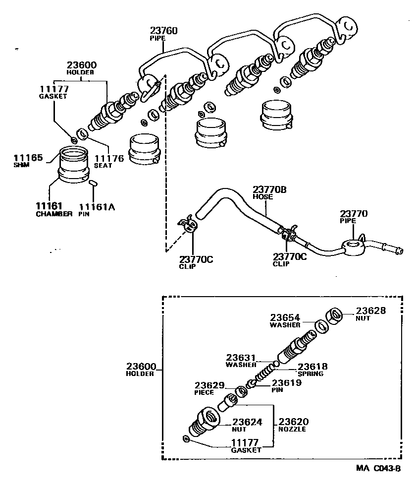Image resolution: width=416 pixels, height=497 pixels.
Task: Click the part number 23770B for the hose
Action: (270, 189)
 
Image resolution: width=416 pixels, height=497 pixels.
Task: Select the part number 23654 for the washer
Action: (285, 317)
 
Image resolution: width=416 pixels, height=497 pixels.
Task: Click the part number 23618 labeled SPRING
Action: (312, 367)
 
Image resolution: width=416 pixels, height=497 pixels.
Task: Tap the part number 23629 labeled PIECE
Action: (209, 385)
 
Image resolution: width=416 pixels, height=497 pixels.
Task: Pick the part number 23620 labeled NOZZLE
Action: (292, 421)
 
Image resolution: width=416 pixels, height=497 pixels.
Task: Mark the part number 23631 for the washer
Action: (241, 357)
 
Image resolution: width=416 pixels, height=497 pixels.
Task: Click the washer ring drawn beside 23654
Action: (321, 325)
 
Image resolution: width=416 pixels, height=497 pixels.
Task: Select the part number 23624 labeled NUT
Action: (247, 422)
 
